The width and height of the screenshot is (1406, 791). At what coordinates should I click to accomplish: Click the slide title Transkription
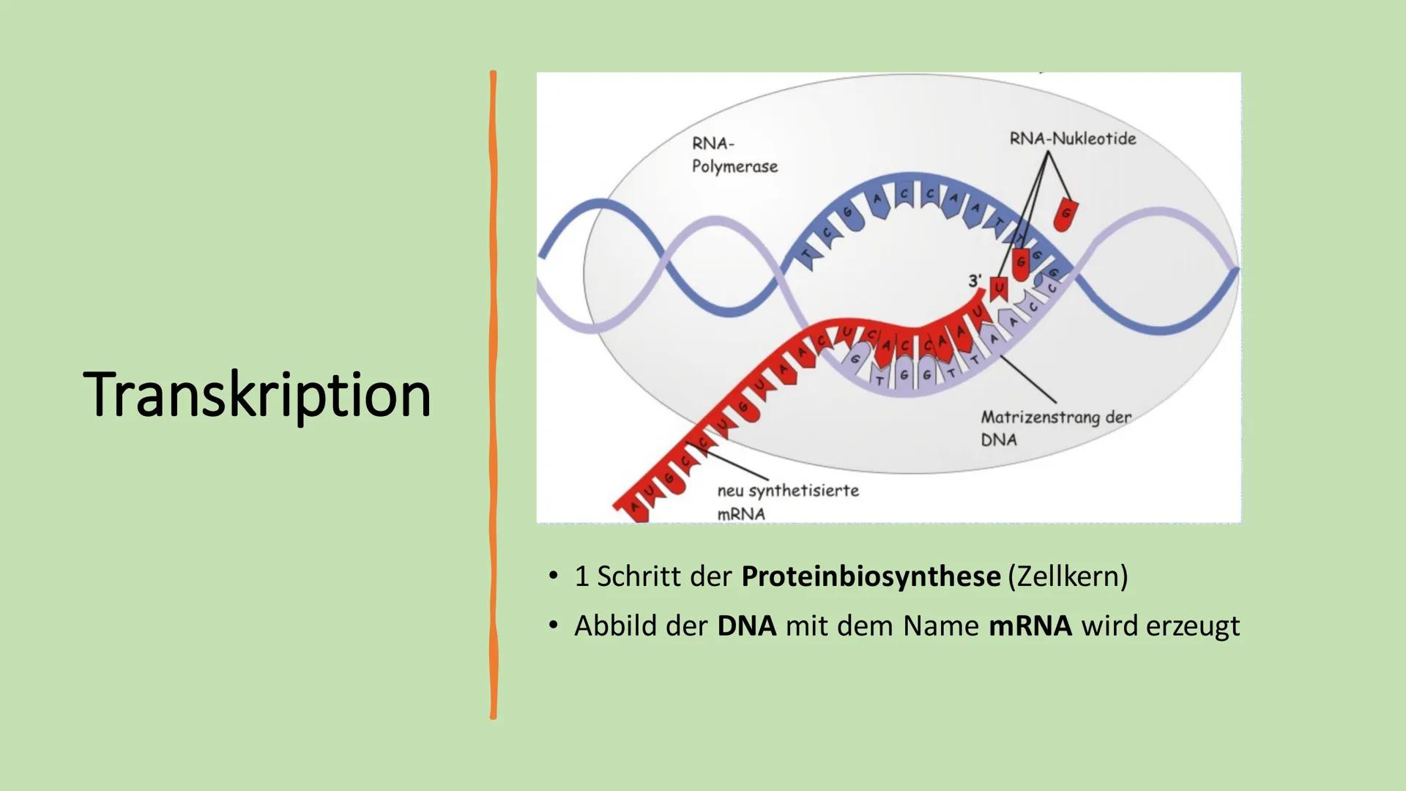click(x=257, y=395)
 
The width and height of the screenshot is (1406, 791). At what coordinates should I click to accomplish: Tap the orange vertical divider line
click(x=493, y=395)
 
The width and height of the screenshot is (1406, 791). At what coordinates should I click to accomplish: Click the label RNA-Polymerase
click(x=734, y=155)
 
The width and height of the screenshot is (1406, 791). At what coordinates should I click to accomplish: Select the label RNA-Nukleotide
click(x=1072, y=138)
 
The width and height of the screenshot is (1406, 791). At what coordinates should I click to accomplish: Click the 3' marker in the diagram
click(x=974, y=281)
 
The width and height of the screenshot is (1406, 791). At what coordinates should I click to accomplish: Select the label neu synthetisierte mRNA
click(x=787, y=502)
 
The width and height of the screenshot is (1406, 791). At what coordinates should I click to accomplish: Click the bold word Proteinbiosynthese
click(x=870, y=576)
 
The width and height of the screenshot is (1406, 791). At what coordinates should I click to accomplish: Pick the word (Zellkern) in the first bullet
click(x=1068, y=576)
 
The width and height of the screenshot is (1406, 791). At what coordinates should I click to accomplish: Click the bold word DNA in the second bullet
click(x=746, y=626)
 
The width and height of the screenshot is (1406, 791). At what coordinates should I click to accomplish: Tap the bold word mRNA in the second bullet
click(x=1030, y=626)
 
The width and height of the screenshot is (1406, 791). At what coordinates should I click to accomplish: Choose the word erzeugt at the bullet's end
click(x=1192, y=626)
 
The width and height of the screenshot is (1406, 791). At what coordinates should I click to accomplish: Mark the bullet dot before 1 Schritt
click(x=554, y=576)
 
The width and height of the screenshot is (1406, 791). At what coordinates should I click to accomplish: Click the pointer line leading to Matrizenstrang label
click(x=1028, y=379)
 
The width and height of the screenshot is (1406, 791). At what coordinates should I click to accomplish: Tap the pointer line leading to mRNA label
click(x=736, y=466)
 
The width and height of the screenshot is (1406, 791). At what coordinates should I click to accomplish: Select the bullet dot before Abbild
click(x=554, y=625)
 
